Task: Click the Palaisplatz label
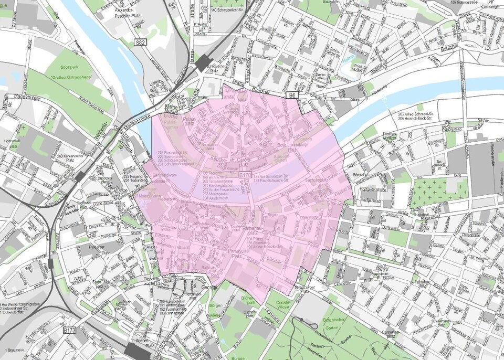click(x=190, y=121)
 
